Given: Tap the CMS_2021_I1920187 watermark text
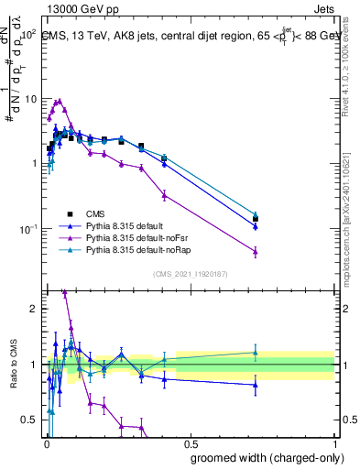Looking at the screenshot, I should (x=191, y=274).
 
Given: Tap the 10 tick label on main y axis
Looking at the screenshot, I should (x=27, y=99).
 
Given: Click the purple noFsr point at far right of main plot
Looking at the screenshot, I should (x=256, y=252).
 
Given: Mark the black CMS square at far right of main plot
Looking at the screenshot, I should (x=256, y=219).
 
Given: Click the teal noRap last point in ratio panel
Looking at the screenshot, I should (x=256, y=353).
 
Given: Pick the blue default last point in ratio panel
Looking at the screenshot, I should (x=256, y=385).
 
